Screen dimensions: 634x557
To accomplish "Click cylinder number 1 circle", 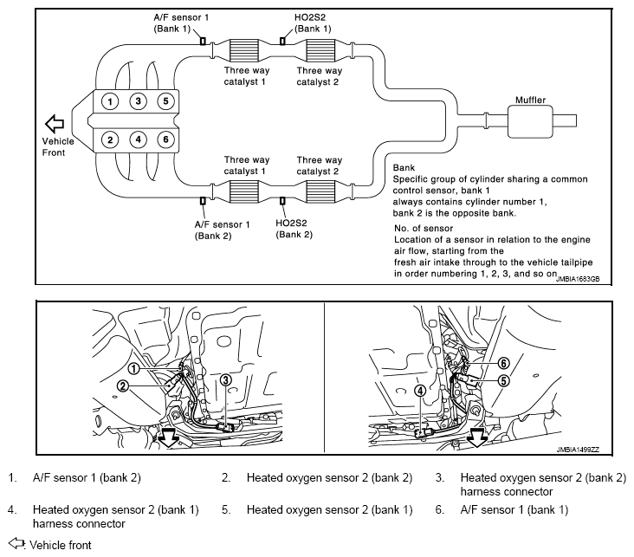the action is tap(110, 101).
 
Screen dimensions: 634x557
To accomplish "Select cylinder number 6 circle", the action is tap(165, 139).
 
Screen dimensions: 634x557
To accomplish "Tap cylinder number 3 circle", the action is tap(139, 100).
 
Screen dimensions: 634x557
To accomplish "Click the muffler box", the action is tap(530, 122).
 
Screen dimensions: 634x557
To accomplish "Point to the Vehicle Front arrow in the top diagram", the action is tap(55, 124).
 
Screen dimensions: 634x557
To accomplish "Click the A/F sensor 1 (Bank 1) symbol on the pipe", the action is tap(203, 41).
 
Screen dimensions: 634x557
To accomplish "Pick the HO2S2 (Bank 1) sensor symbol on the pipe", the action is tap(282, 41).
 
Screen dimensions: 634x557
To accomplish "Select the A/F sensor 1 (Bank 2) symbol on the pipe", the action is tap(203, 201).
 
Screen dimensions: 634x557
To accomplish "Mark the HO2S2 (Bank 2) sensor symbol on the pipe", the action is tap(282, 201).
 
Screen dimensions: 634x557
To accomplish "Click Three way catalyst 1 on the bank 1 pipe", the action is tap(244, 50).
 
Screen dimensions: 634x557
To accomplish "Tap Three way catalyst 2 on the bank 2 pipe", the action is tap(320, 191).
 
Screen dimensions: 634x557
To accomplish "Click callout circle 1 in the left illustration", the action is tap(134, 368).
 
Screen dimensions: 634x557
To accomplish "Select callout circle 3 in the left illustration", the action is tap(225, 379).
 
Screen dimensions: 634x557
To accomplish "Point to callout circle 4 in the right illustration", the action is tap(421, 391).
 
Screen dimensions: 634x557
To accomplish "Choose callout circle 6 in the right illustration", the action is tap(503, 363).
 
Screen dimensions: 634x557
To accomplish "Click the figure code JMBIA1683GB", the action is tap(578, 279).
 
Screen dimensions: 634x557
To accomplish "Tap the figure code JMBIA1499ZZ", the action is tap(578, 450).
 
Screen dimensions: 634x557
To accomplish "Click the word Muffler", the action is tap(530, 100).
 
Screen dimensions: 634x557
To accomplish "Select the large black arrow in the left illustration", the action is tap(169, 438).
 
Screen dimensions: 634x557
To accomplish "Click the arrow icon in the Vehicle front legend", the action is tap(16, 543).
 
